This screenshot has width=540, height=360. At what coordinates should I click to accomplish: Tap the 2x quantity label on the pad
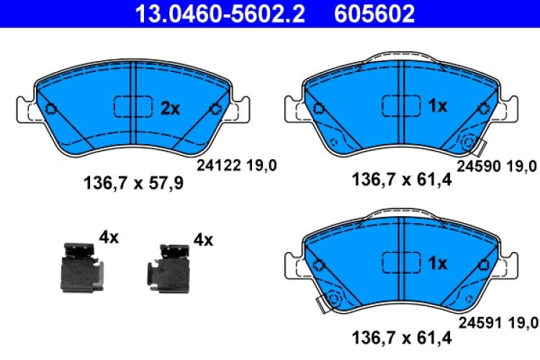[169, 108]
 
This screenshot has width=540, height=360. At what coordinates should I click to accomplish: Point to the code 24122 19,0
[237, 166]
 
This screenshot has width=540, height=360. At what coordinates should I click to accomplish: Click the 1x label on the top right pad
[437, 107]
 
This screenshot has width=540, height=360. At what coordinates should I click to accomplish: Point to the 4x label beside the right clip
[204, 239]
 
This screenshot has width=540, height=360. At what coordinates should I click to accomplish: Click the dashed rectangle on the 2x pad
[133, 107]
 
